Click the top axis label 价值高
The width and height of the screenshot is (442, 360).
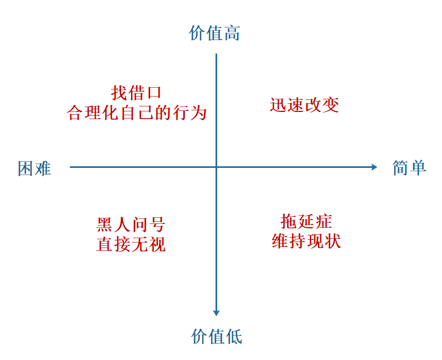(214, 33)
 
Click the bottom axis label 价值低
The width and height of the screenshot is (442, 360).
(217, 336)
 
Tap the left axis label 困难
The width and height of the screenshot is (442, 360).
(35, 168)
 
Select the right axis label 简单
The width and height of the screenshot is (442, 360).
(409, 167)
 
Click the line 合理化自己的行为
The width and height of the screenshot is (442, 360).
(137, 113)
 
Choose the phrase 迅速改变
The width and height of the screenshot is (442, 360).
(304, 104)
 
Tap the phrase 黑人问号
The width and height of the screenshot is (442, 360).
(131, 224)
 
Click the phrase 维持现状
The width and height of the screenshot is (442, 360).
(306, 241)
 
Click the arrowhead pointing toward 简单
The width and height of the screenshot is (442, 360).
(375, 167)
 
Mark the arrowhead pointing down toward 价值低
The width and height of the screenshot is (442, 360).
(217, 312)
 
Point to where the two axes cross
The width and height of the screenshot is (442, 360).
(217, 167)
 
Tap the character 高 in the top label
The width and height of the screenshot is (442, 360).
(232, 33)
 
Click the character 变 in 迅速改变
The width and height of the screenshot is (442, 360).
(331, 104)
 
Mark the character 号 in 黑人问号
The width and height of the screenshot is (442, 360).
(156, 224)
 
